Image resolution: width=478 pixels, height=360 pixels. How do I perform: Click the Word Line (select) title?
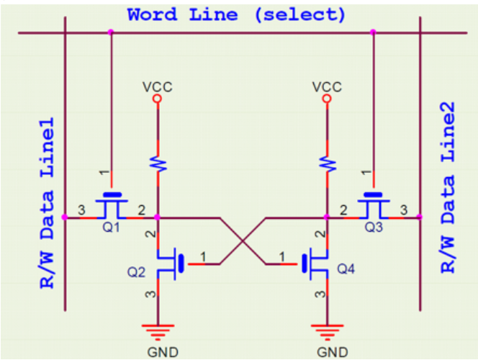pos(236,14)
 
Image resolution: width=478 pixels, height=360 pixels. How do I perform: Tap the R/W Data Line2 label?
pos(447,187)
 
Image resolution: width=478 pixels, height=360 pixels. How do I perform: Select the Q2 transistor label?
pos(137,273)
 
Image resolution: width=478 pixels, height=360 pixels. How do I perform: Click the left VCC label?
pos(158,86)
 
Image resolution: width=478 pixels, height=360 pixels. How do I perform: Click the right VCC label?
pos(327,86)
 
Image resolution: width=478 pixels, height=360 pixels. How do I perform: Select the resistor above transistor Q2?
pos(158,163)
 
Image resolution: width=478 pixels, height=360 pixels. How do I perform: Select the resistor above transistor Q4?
pos(328,163)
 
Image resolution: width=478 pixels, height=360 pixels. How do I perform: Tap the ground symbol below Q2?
pos(158,330)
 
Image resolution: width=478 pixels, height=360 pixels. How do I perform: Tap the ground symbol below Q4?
pos(328,330)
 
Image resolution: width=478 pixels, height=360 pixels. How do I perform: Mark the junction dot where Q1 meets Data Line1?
pos(65,217)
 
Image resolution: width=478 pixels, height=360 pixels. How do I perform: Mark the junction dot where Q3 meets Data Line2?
pos(419,217)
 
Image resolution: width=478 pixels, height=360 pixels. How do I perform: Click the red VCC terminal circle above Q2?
pos(158,99)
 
